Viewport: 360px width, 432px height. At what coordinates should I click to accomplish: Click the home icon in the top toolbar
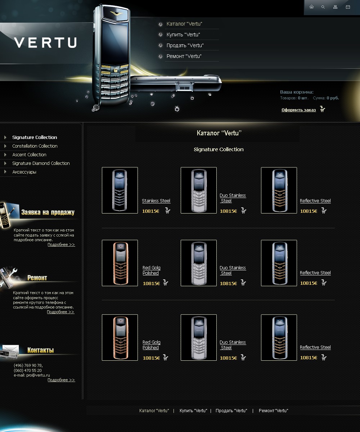point(311,7)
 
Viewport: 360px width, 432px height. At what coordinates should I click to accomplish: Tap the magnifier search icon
point(323,7)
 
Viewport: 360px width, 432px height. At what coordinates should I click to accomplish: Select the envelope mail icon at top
point(348,7)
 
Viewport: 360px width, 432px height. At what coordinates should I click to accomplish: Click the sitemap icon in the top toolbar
point(336,7)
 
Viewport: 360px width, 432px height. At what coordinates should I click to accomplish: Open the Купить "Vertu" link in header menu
point(183,35)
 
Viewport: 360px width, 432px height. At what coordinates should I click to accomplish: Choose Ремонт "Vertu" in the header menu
point(184,56)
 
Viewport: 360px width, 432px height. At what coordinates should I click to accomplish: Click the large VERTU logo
point(45,42)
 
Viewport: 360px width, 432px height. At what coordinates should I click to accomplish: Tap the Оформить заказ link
point(298,110)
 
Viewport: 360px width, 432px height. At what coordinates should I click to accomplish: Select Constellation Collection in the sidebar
point(35,146)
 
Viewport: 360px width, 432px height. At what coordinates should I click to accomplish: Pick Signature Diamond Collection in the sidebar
point(41,163)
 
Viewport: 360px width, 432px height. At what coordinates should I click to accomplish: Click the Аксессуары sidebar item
point(24,172)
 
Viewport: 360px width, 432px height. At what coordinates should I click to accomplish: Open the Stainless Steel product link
point(156,201)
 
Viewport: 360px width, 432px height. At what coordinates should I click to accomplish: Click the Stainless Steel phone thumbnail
point(120,190)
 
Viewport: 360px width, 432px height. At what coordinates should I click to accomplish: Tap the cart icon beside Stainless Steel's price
point(168,211)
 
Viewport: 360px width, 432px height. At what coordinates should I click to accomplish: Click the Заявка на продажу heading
point(48,212)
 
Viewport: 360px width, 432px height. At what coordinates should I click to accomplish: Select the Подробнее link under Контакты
point(61,380)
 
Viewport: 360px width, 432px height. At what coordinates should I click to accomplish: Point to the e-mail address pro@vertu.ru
point(38,375)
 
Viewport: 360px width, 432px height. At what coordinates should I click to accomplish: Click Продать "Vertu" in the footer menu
point(231,411)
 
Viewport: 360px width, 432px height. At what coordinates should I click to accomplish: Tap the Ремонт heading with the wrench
point(37,278)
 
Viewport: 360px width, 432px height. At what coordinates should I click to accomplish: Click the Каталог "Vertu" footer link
point(154,411)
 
